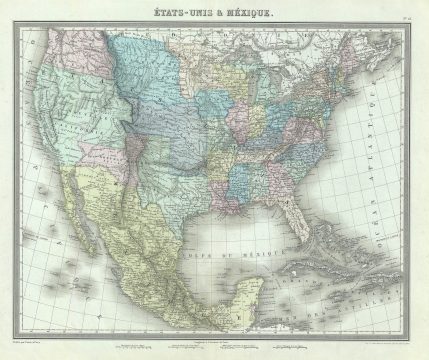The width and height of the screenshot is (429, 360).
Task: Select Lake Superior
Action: pyautogui.click(x=245, y=64)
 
